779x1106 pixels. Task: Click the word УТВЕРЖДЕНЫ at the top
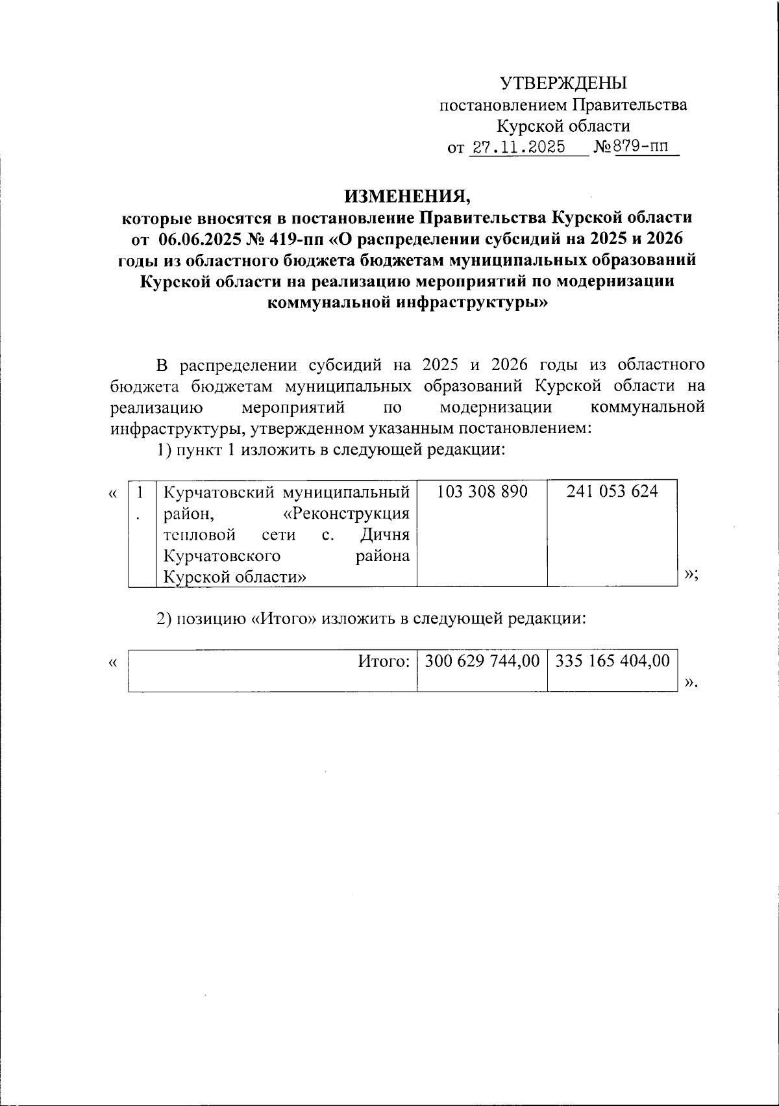[563, 82]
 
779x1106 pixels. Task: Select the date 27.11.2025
[517, 147]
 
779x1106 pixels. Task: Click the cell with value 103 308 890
[482, 492]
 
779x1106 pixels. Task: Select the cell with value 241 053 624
[612, 492]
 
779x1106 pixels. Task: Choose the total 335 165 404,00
[612, 661]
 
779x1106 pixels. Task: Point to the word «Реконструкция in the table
[347, 513]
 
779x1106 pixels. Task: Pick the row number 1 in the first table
[138, 492]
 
